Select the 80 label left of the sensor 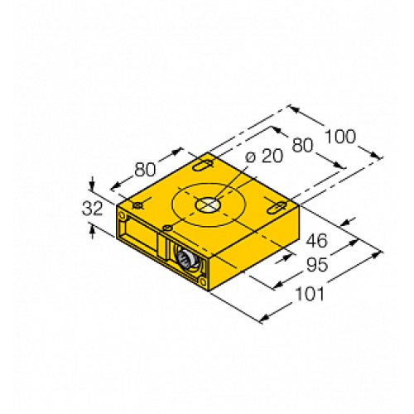pos(146,171)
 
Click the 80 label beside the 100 pos(303,146)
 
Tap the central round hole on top pos(205,204)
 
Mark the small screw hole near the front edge pos(167,227)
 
